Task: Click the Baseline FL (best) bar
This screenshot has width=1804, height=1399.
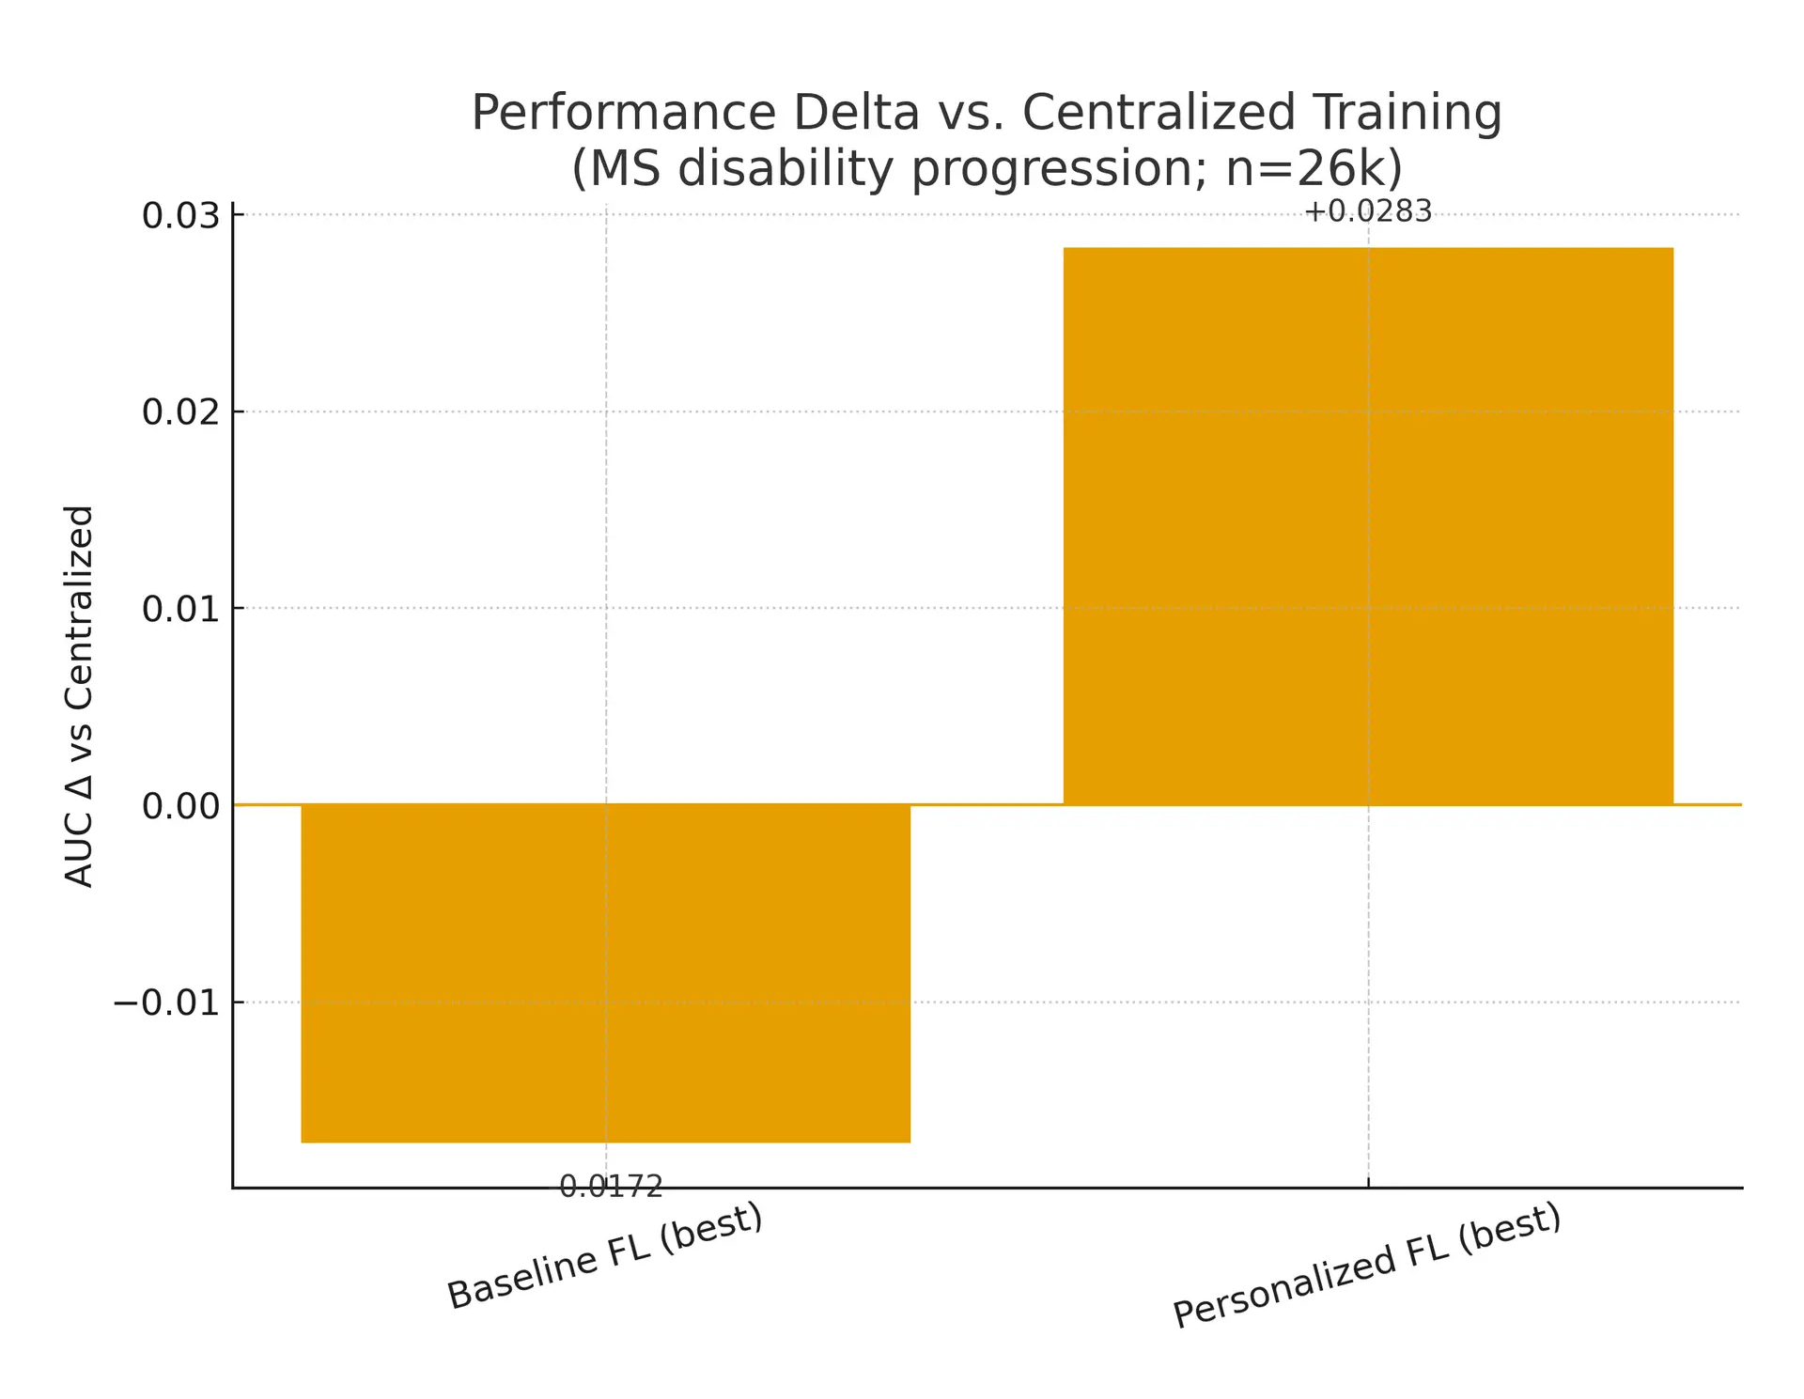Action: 605,972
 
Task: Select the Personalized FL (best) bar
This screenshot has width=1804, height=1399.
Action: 1367,526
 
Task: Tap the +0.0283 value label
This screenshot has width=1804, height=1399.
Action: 1367,212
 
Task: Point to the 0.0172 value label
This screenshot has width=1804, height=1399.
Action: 611,1187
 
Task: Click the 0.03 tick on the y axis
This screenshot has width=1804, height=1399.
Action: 180,215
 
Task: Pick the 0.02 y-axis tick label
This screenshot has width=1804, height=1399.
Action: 180,412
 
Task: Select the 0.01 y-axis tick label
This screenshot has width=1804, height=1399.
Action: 180,609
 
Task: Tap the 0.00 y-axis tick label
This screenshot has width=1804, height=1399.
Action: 180,805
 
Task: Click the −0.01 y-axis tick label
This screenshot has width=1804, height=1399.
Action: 166,1003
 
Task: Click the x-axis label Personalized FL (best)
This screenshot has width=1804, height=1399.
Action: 1367,1266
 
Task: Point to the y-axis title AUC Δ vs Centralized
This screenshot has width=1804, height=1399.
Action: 80,695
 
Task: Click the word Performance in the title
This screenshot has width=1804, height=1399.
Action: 624,113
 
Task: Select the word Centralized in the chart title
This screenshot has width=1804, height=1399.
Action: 1159,113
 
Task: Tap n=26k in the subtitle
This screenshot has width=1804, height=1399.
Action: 1314,169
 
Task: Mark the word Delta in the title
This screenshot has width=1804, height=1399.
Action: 856,113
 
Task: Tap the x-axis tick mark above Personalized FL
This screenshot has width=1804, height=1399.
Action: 1368,1182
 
